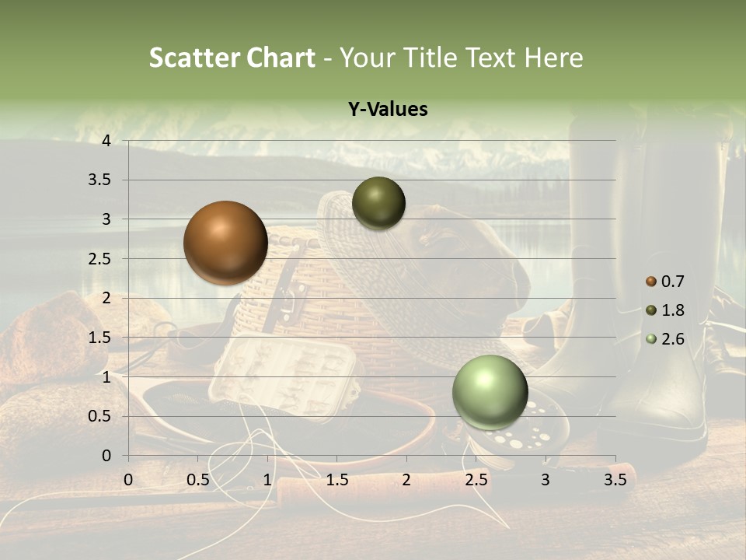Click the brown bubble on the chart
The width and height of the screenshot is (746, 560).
pos(225,243)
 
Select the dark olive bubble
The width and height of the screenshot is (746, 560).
pos(378,203)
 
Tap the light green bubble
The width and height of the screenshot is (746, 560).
pos(490,392)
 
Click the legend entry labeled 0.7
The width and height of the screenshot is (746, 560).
pos(665,282)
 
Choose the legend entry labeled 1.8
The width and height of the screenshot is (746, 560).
pos(665,310)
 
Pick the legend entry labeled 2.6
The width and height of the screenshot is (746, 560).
pos(665,339)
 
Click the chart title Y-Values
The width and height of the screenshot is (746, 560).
pos(387,110)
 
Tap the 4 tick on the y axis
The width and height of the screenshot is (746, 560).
pos(106,141)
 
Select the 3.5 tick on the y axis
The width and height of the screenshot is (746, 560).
pos(101,180)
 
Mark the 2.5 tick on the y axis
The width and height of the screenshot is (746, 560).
pos(101,259)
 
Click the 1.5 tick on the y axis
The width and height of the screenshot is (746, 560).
pos(101,338)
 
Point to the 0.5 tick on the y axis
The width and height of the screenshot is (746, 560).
pos(101,416)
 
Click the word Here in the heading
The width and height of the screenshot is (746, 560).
pos(553,58)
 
